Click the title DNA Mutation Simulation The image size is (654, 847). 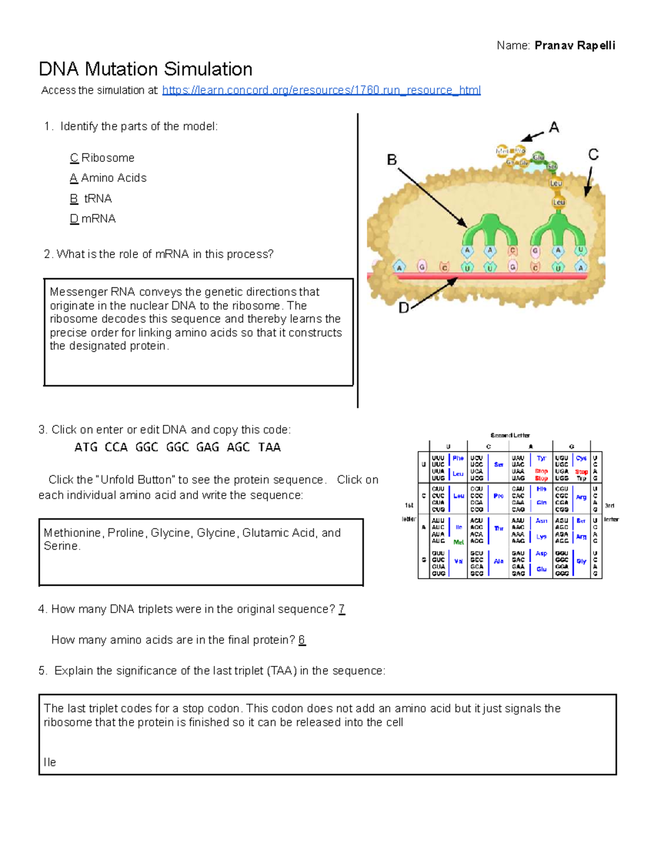click(x=146, y=69)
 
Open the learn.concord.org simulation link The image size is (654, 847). click(x=321, y=90)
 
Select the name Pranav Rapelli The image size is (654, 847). click(x=574, y=45)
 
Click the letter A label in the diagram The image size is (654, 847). click(x=554, y=128)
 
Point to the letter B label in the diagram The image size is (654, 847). click(x=392, y=160)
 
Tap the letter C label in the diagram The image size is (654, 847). click(x=594, y=155)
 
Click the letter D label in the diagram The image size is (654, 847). click(x=404, y=308)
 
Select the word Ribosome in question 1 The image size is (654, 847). click(x=108, y=158)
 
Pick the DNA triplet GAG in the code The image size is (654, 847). click(x=207, y=447)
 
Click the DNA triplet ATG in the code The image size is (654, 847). click(x=86, y=447)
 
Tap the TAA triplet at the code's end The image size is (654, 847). click(x=269, y=447)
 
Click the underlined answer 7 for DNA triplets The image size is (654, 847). click(x=342, y=609)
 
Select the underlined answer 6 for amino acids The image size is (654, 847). click(x=302, y=640)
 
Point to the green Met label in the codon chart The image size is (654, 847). click(x=458, y=542)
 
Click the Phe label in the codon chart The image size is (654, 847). click(x=458, y=459)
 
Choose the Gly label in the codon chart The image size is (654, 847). click(x=582, y=561)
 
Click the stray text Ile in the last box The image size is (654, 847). click(x=50, y=762)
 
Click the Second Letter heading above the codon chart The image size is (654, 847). click(x=510, y=435)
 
